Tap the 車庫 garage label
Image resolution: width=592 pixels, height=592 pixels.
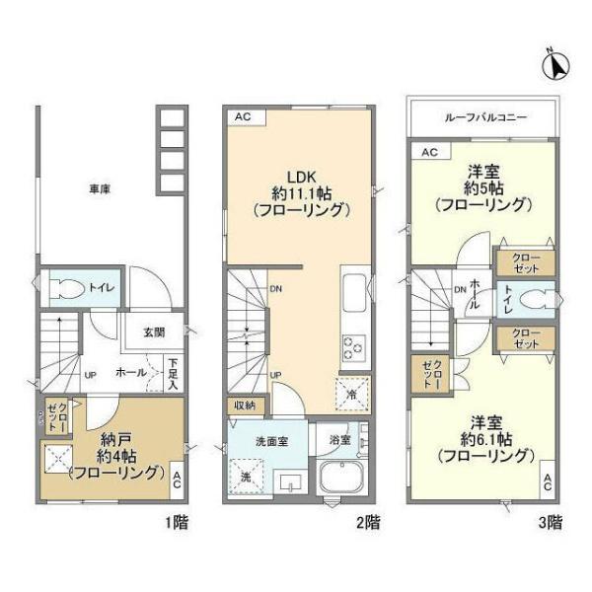point(99,188)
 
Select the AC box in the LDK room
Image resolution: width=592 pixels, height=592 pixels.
point(243,117)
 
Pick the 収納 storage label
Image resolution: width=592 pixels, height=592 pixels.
point(245,404)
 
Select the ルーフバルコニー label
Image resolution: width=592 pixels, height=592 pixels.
point(484,116)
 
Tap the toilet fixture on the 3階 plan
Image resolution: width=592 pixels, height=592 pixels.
point(537,298)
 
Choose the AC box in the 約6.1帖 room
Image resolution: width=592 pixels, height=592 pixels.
point(545,482)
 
